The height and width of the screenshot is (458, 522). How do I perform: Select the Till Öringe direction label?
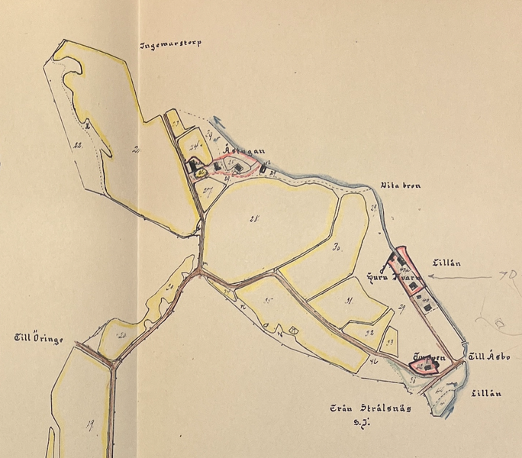tap(39, 337)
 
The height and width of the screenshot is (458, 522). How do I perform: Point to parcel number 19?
tap(89, 425)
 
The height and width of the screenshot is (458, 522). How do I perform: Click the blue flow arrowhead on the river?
tap(217, 120)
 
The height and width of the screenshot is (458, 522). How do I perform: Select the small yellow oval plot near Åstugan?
tap(200, 173)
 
